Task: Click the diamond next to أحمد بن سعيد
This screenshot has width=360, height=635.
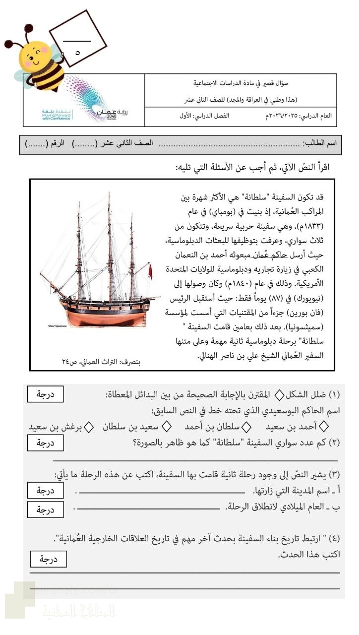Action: tap(324, 426)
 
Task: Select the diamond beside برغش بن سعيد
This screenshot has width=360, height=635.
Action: tap(89, 426)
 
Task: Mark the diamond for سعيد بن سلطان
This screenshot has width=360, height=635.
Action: tap(167, 426)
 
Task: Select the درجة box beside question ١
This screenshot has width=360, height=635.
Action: tap(45, 395)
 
